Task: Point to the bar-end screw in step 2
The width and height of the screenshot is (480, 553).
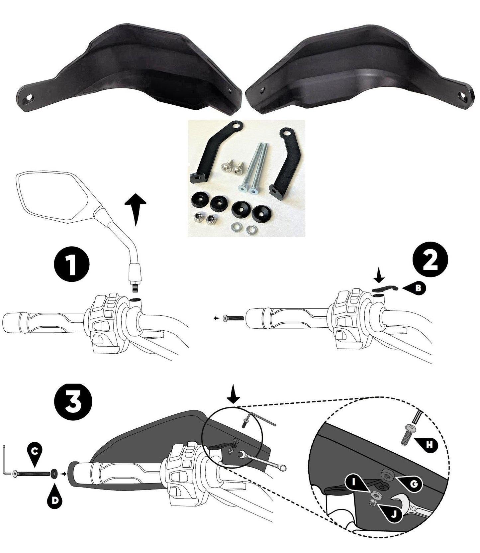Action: (234, 318)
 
